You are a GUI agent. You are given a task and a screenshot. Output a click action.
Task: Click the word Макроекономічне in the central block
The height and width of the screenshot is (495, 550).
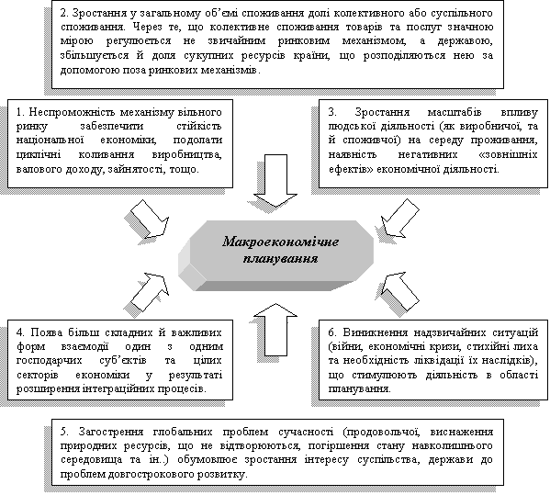280,242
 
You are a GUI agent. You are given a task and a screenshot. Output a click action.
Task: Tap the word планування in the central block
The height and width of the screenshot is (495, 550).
280,259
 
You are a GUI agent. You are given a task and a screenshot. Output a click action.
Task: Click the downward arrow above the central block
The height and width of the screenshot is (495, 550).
275,181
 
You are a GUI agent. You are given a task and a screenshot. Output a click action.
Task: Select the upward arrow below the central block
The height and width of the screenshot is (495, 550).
275,330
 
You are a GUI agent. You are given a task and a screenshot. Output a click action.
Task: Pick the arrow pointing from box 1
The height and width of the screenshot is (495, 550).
150,219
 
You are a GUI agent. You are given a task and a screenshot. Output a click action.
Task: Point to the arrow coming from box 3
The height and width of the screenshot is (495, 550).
400,219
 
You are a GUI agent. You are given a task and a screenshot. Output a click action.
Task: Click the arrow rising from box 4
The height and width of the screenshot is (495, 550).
150,291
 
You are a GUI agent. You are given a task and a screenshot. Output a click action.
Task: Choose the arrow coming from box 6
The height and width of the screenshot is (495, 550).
400,291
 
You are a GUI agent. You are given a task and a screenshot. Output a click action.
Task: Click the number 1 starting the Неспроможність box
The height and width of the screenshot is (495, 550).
20,112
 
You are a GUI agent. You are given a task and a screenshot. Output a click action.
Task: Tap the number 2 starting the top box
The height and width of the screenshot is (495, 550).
64,14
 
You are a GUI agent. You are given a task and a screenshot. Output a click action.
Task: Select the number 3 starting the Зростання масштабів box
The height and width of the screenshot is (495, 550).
332,112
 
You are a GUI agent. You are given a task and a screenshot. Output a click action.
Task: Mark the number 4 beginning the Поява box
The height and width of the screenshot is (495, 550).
20,332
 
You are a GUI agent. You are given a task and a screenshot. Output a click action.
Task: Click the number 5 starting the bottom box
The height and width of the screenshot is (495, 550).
64,432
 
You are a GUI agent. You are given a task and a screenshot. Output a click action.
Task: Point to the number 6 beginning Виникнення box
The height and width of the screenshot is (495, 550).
332,332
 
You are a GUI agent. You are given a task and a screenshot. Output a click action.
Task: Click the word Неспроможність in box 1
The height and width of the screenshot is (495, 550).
73,112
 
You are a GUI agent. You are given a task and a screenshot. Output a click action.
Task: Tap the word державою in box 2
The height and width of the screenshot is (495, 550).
466,41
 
